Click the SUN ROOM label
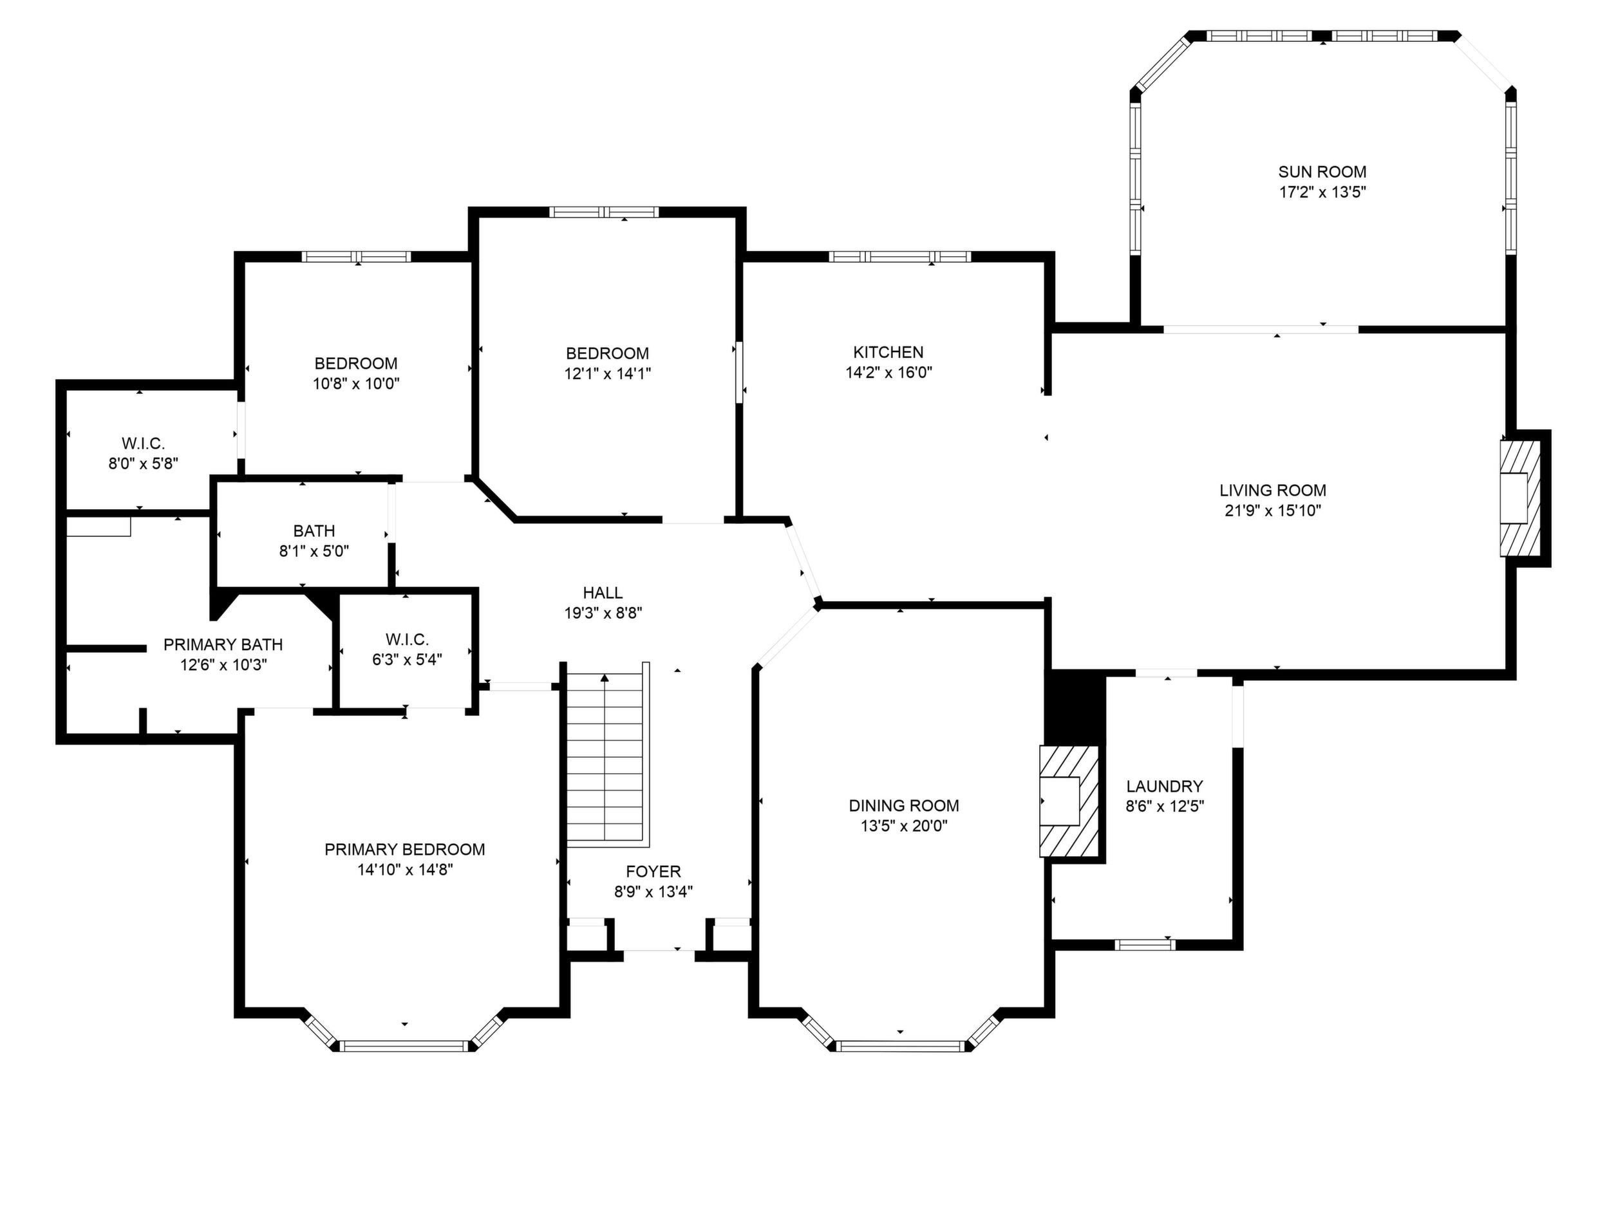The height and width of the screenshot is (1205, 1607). click(1322, 172)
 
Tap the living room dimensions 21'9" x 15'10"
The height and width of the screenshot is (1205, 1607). click(1273, 510)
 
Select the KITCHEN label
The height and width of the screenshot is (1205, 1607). click(888, 352)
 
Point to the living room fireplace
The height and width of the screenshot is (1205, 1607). click(1521, 498)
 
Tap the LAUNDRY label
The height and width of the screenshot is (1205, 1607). click(1165, 786)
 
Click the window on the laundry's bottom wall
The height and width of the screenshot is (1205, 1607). click(1145, 945)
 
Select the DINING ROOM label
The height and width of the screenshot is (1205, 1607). click(904, 805)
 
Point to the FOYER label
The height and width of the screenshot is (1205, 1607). click(653, 872)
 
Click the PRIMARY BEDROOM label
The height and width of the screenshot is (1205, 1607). click(405, 849)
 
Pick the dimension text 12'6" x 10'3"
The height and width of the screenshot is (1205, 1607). click(224, 664)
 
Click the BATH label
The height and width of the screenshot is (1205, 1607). click(314, 531)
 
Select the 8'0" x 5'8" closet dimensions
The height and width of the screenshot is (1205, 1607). click(143, 463)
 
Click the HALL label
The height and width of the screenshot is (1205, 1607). click(603, 593)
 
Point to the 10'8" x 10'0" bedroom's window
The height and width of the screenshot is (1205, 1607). click(357, 256)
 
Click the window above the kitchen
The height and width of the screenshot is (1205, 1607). click(899, 256)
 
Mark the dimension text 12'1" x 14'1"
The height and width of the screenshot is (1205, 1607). click(607, 374)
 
